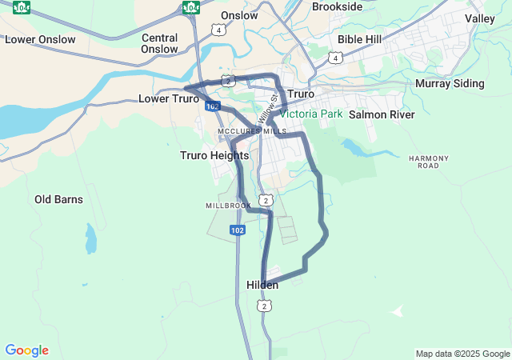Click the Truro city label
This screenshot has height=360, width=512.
[x=300, y=94]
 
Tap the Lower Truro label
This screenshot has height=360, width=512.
[x=168, y=99]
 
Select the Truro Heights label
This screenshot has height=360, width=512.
[x=214, y=155]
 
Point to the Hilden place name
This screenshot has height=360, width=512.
[x=262, y=285]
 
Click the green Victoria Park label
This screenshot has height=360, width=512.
[x=310, y=114]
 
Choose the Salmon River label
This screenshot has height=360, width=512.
[x=382, y=114]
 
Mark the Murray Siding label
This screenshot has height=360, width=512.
[x=450, y=83]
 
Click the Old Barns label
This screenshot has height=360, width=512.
[x=58, y=199]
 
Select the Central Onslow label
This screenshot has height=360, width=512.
[x=159, y=43]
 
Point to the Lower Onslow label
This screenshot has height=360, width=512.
[x=40, y=39]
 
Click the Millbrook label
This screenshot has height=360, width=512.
[x=229, y=206]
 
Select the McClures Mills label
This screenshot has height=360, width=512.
[x=252, y=131]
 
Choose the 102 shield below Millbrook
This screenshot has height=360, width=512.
[x=237, y=230]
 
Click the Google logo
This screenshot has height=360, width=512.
[x=26, y=350]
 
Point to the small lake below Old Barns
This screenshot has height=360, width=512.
[x=90, y=238]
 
